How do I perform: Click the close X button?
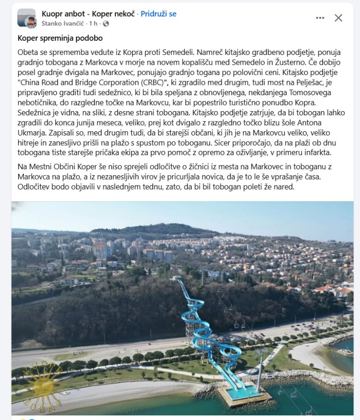(338, 18)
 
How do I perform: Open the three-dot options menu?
(320, 18)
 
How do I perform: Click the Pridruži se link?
(158, 14)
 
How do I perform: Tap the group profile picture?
(27, 18)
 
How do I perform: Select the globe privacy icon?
(105, 23)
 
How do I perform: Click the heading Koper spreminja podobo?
(60, 38)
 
